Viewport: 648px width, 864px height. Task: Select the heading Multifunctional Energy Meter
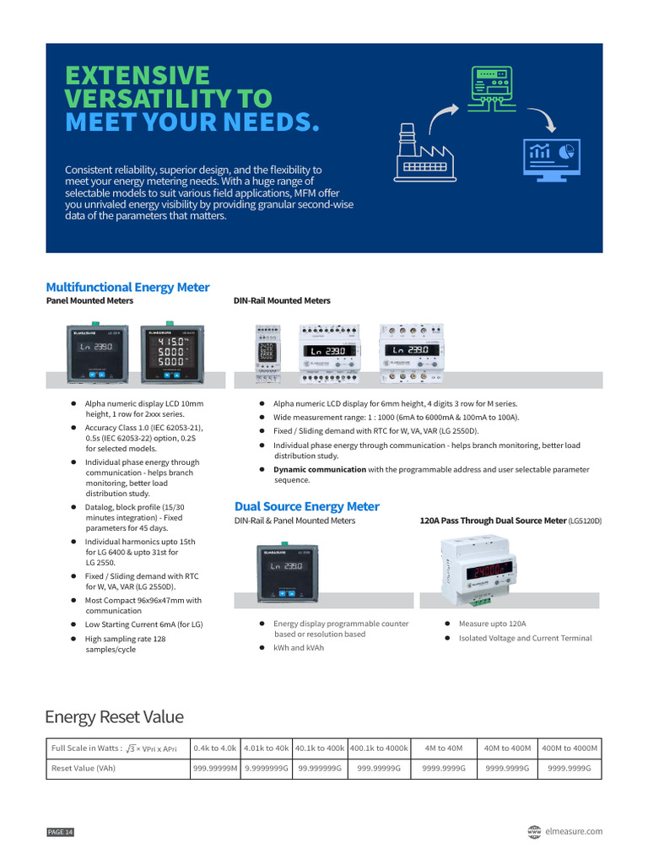click(127, 287)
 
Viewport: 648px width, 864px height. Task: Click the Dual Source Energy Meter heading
click(306, 506)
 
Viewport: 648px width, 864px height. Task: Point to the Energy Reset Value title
click(114, 717)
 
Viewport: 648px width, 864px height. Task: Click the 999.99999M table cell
click(215, 769)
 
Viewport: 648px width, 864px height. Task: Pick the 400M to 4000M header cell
click(570, 748)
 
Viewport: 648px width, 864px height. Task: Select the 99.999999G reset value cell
click(320, 769)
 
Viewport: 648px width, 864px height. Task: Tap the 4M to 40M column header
click(443, 748)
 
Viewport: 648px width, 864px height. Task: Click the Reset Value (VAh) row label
click(84, 769)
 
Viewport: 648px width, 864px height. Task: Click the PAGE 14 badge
click(61, 833)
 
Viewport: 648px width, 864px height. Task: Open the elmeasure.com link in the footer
click(575, 831)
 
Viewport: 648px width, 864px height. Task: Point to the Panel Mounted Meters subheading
click(89, 300)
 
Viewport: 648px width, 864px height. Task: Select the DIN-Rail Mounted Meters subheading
click(282, 300)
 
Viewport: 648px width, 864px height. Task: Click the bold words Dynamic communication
click(320, 469)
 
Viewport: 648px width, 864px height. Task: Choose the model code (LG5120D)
click(585, 521)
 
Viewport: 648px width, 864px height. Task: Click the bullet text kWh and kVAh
click(299, 648)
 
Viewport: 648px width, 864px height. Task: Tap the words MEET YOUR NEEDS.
click(192, 122)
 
